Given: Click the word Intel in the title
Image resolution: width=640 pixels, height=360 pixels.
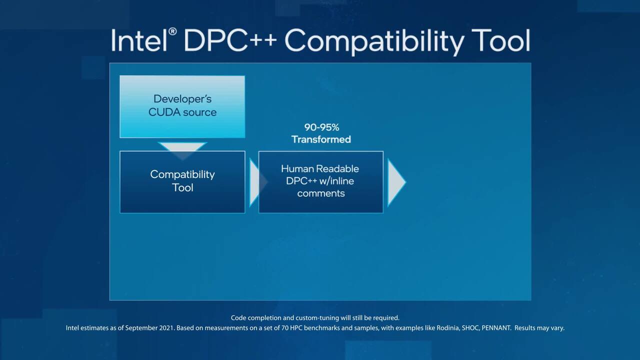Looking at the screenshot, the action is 139,40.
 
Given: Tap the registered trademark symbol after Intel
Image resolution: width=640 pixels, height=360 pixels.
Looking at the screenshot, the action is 172,31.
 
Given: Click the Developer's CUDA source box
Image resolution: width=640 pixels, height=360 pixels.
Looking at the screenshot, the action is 182,106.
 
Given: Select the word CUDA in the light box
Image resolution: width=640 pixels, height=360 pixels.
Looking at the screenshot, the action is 164,112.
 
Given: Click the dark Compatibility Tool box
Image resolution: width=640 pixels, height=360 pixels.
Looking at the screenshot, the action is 182,182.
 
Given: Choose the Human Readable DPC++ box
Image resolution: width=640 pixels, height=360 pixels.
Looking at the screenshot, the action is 321,182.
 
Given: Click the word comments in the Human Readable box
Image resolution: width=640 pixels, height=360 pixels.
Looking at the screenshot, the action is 321,193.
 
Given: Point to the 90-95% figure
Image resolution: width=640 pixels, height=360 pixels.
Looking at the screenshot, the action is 321,127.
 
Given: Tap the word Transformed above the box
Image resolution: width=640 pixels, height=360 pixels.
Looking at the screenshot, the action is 321,139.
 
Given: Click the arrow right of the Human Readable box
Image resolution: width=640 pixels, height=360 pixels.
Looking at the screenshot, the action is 396,182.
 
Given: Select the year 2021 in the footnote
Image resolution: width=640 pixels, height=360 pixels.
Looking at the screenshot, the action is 166,328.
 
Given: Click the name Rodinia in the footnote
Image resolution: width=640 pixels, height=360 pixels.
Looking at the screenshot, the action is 448,328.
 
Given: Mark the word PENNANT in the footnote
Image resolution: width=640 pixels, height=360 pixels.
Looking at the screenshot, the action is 496,328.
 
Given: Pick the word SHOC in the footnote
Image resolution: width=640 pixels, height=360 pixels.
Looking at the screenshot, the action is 470,328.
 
